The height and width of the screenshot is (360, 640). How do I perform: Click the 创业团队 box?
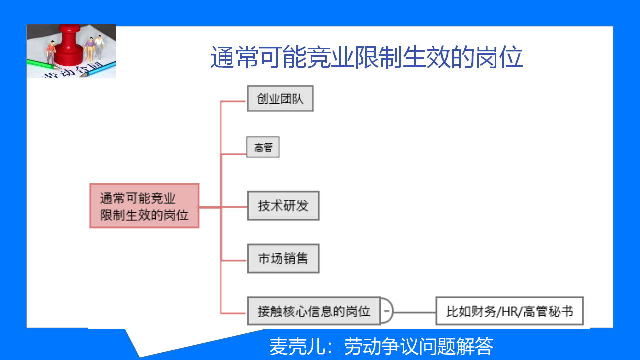tap(280, 98)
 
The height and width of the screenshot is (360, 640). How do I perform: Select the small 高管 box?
tap(263, 147)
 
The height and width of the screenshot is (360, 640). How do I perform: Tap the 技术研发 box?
tap(283, 206)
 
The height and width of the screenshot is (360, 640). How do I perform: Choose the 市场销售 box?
tap(283, 259)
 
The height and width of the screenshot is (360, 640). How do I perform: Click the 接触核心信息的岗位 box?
tap(314, 311)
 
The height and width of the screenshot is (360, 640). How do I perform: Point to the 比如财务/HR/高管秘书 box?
tap(509, 311)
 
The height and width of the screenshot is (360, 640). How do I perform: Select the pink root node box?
tap(144, 206)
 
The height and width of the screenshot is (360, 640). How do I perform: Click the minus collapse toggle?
tap(387, 311)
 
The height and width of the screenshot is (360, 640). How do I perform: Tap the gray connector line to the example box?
tap(414, 312)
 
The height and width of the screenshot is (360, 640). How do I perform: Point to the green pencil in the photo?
tap(43, 65)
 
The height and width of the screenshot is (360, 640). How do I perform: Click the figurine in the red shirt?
tap(51, 52)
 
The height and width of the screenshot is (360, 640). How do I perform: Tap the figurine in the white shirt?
tap(99, 47)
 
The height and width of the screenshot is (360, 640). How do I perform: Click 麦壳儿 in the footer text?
tap(297, 346)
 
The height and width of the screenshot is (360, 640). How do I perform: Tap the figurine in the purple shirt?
tap(90, 49)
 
